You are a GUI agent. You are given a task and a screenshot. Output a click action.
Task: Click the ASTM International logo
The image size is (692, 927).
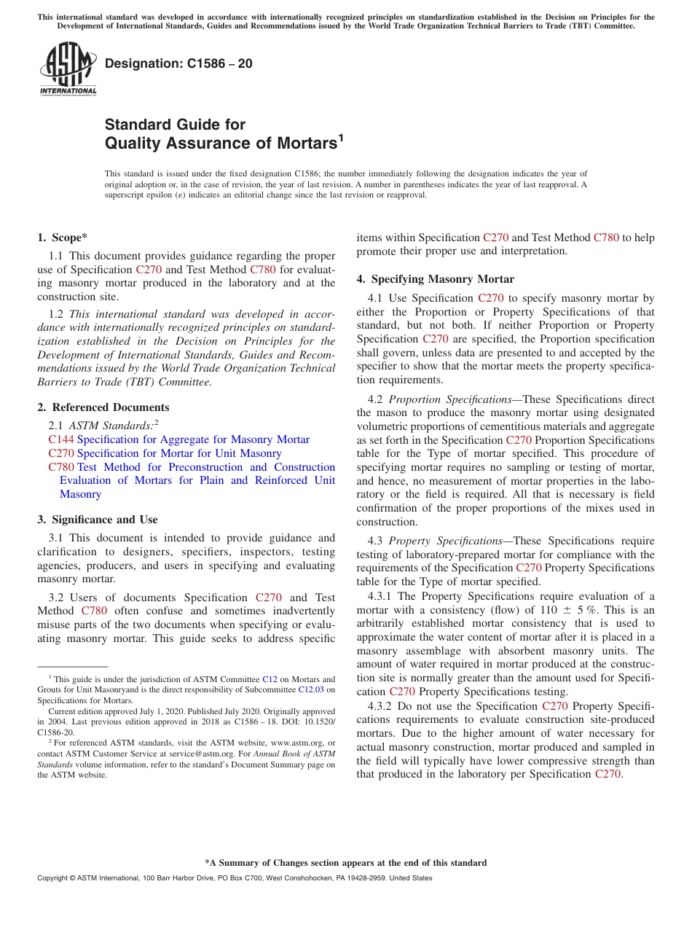click(68, 69)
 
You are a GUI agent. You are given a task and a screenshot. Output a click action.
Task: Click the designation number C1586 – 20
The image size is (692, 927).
click(178, 63)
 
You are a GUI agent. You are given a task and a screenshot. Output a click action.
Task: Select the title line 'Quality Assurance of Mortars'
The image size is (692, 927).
click(221, 144)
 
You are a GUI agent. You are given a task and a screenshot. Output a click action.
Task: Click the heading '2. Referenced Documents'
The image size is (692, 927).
click(103, 407)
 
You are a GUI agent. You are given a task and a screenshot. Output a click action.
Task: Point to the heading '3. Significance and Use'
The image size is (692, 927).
click(97, 520)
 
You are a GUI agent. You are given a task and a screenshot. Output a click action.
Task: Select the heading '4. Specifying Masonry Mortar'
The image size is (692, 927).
click(435, 279)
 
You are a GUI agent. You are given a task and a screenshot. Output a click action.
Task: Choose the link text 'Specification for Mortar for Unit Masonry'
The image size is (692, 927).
click(179, 453)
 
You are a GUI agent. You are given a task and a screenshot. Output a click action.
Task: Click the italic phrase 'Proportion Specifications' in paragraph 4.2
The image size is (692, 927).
click(449, 399)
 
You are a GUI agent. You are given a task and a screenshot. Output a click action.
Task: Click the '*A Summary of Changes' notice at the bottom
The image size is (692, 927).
click(345, 863)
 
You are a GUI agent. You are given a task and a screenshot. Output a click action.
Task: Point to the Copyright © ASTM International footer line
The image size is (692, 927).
click(235, 878)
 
